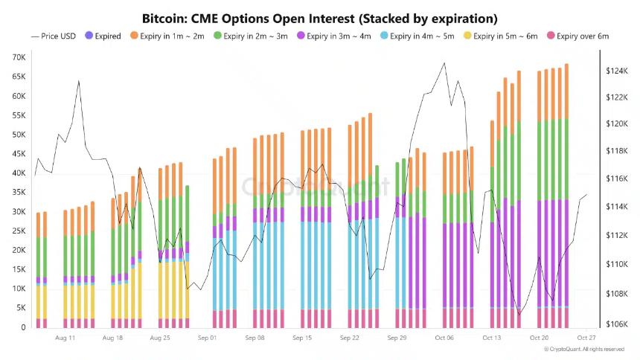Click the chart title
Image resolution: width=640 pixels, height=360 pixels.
pos(319,18)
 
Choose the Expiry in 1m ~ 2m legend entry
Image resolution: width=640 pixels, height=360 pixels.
pos(169,36)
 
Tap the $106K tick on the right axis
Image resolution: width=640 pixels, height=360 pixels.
pos(616,324)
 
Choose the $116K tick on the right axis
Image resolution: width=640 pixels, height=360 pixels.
pos(616,179)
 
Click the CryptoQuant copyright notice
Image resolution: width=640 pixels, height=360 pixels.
pos(583,350)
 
